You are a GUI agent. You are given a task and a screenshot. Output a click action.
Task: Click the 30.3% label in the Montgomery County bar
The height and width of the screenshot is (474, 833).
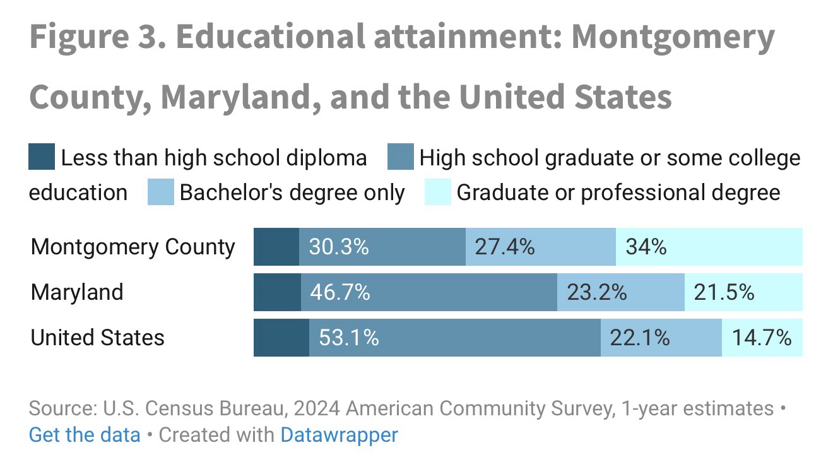pos(338,247)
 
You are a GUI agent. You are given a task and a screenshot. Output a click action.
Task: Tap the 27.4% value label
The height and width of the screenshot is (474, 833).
pos(505,247)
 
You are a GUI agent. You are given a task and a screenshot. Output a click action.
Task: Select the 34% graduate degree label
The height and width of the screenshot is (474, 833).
pos(646,247)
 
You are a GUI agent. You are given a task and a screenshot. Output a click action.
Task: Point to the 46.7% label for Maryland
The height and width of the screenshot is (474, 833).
pos(340,292)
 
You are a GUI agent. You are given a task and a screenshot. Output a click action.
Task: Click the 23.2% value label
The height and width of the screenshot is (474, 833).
pos(596,292)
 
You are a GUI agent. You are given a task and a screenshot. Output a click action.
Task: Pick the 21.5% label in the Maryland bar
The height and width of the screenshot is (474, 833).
pos(724,292)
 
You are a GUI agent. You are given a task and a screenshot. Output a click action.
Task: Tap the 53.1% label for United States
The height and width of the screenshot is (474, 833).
pos(348,338)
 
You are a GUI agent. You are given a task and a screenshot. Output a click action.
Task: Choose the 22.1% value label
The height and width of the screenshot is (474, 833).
pos(639,338)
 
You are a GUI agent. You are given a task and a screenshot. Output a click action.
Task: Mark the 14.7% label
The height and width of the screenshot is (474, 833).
pos(762,338)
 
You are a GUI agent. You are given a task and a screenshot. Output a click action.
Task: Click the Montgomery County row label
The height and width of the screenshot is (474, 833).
pos(133,247)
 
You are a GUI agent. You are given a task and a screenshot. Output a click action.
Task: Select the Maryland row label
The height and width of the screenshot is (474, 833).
pos(77,292)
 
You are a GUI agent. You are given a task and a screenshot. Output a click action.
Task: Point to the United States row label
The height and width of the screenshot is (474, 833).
pos(97,338)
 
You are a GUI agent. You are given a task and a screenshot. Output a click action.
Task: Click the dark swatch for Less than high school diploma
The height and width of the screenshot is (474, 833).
pos(42,158)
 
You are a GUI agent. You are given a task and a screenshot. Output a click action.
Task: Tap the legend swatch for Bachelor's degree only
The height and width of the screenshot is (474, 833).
pos(160,193)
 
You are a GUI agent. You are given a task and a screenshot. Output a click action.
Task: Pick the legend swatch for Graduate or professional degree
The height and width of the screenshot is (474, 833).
pos(437,193)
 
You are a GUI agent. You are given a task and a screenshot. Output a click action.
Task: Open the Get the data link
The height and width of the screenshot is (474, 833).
pos(85,435)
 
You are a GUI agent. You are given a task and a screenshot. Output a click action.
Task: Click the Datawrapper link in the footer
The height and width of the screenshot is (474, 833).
pos(339,435)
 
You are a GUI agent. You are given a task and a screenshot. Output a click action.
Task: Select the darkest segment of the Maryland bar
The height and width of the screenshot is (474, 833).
pos(277,292)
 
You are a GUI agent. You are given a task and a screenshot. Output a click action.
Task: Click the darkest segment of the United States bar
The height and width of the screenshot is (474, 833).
pos(281,338)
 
